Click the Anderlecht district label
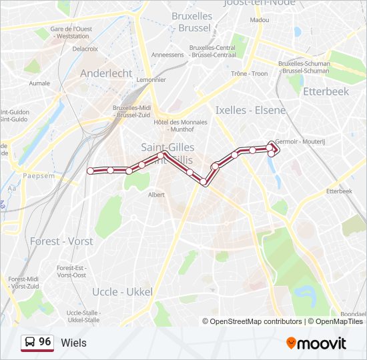pyautogui.click(x=107, y=73)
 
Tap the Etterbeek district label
pyautogui.click(x=326, y=91)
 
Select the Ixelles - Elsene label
pyautogui.click(x=250, y=110)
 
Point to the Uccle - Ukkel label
pyautogui.click(x=122, y=292)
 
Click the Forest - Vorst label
pyautogui.click(x=61, y=241)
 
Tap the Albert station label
pyautogui.click(x=156, y=195)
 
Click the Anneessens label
pyautogui.click(x=167, y=55)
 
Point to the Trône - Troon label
pyautogui.click(x=249, y=73)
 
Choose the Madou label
pyautogui.click(x=260, y=21)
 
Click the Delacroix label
pyautogui.click(x=85, y=49)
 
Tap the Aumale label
pyautogui.click(x=40, y=83)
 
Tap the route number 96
pyautogui.click(x=45, y=341)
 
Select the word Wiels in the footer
pyautogui.click(x=73, y=343)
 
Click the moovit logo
pyautogui.click(x=316, y=343)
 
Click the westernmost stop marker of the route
pyautogui.click(x=91, y=170)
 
